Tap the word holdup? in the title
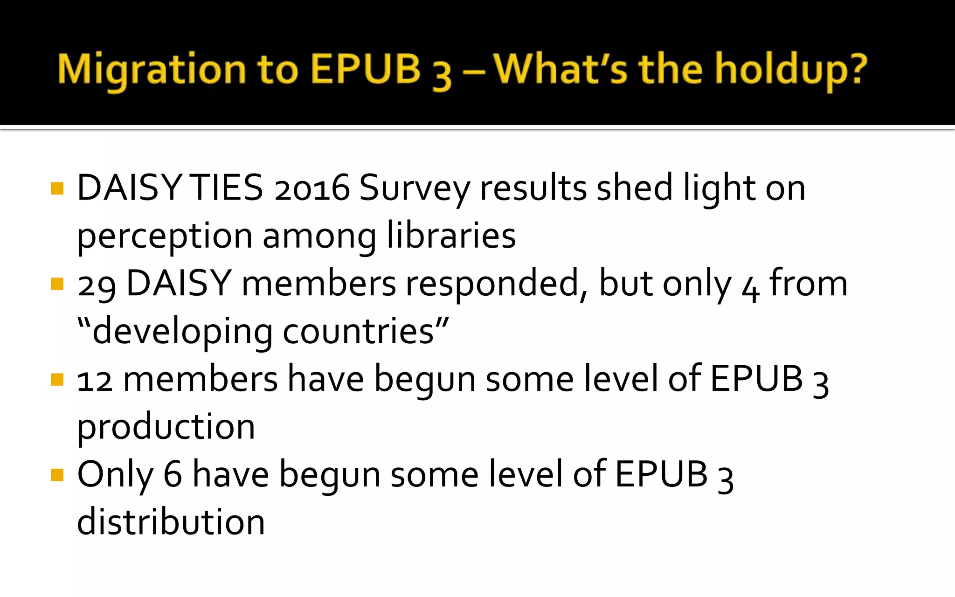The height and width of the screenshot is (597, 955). point(791,70)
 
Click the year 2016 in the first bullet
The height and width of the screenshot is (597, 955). point(312,188)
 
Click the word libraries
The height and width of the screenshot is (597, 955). point(451,236)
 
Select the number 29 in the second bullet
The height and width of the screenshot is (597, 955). point(97,285)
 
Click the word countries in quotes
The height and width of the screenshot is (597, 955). point(359,332)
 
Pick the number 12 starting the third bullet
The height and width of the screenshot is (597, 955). point(95,380)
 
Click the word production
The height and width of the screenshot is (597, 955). point(166,427)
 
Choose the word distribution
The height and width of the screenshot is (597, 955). point(171,522)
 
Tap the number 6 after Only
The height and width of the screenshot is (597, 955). point(173,475)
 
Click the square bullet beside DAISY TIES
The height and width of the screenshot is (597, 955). point(57,188)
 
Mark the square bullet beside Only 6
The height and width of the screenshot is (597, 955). point(57,475)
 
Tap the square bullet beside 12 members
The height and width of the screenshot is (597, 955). point(57,380)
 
